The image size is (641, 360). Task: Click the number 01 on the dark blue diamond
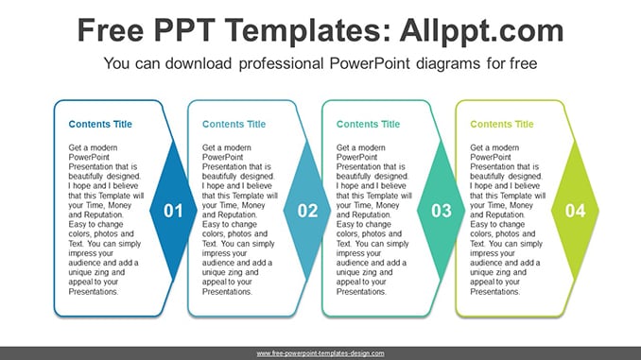173,211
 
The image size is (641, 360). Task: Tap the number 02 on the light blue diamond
307,211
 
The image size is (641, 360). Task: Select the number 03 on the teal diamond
442,211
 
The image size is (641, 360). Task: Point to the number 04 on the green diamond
575,211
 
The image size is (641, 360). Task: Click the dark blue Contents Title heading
100,124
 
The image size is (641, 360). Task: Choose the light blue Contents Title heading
234,124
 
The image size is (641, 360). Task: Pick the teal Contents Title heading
368,124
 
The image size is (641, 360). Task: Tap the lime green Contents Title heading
502,124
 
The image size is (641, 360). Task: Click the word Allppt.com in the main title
481,30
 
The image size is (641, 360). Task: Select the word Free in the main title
111,30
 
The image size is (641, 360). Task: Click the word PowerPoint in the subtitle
370,63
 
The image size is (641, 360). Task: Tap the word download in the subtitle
199,63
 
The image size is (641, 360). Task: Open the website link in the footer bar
320,353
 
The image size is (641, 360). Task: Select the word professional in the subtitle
281,63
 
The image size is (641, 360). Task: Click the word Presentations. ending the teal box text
361,292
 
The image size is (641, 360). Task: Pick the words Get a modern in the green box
494,147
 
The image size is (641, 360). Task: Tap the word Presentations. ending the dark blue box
94,292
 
